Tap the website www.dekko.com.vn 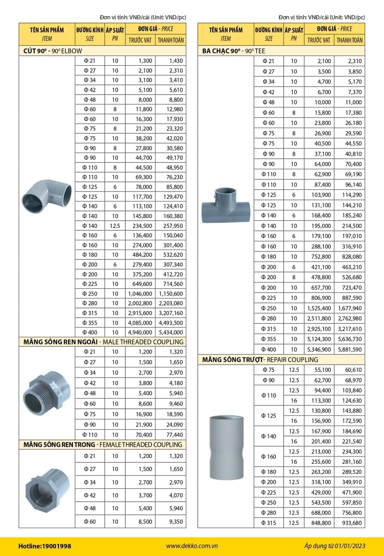(192, 546)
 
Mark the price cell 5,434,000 (170, 332)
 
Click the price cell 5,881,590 (349, 349)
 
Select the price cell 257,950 (170, 225)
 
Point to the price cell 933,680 (349, 523)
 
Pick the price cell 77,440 (170, 435)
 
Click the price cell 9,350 (170, 521)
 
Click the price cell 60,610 (349, 370)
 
